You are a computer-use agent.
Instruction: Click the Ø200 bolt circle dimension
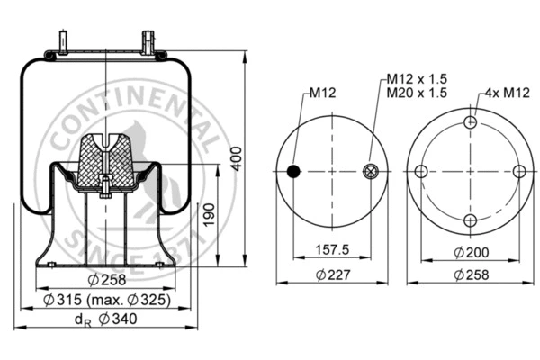469,253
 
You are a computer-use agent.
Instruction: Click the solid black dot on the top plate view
293,172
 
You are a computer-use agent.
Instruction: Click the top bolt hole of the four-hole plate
470,123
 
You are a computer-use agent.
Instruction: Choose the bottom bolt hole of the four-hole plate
470,220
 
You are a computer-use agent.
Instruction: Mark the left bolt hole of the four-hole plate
421,172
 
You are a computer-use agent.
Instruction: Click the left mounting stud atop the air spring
65,42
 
